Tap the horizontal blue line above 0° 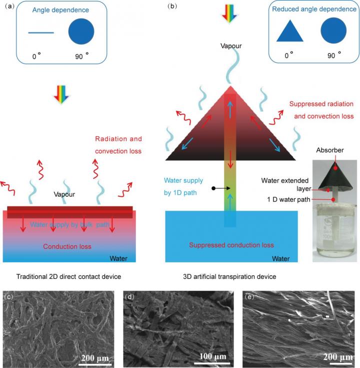41,33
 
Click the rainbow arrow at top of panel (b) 229,12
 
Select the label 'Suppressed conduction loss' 231,245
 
